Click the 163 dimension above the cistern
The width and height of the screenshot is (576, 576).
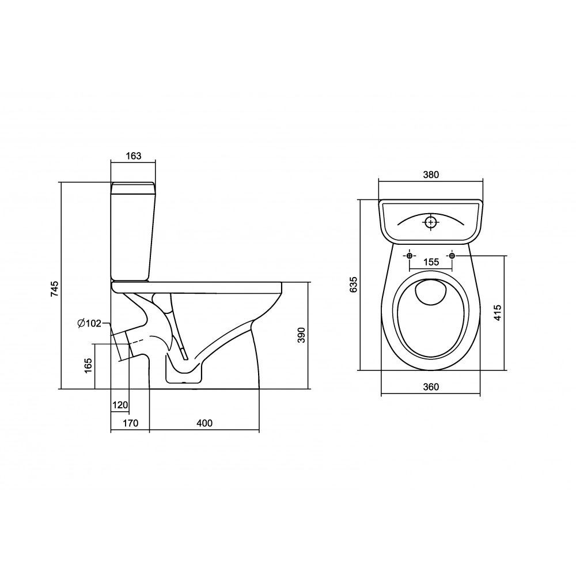134,156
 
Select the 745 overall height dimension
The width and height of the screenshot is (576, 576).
54,289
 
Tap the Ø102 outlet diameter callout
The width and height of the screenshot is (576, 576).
89,323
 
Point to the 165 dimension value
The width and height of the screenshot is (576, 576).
88,366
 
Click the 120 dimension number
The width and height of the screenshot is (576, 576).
120,405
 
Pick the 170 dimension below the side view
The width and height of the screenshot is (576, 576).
130,423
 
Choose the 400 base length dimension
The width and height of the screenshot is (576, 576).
204,423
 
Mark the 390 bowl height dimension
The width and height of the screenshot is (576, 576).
301,335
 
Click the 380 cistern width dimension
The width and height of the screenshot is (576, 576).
431,175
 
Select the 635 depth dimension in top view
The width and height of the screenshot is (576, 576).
354,285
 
